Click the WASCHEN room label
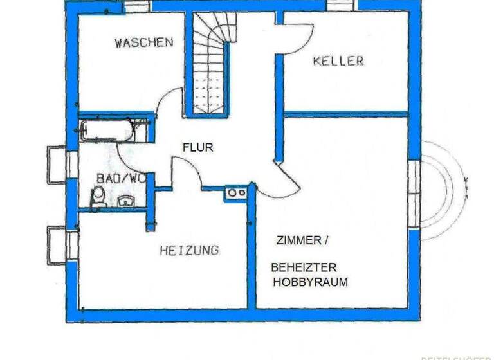pyautogui.click(x=143, y=43)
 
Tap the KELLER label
pyautogui.click(x=338, y=61)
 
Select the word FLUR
pyautogui.click(x=197, y=147)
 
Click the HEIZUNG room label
pyautogui.click(x=189, y=250)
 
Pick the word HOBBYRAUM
pyautogui.click(x=311, y=282)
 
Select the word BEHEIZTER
pyautogui.click(x=304, y=267)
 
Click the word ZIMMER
pyautogui.click(x=298, y=240)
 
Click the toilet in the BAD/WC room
pyautogui.click(x=98, y=197)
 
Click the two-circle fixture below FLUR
pyautogui.click(x=236, y=192)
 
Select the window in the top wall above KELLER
pyautogui.click(x=342, y=5)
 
